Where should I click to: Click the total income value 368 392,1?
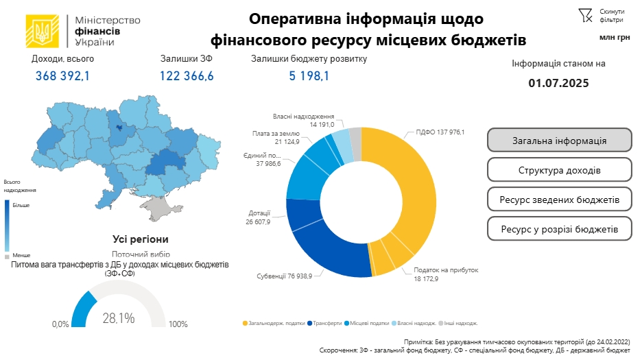pos(62,76)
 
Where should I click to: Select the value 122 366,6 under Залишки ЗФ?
pos(187,76)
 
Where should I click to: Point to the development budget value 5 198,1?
pos(309,76)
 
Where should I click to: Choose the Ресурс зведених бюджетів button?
pos(559,200)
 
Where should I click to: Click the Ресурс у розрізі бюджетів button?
pos(559,229)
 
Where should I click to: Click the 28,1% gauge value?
pos(118,318)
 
